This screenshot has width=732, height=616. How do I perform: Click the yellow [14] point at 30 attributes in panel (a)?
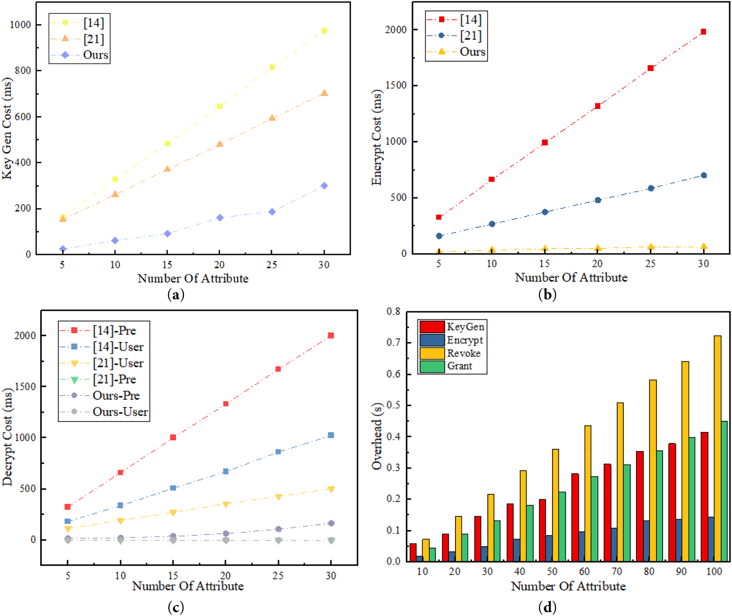point(324,31)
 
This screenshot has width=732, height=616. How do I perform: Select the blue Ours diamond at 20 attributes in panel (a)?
point(220,218)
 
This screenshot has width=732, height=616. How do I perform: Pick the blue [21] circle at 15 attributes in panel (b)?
point(545,212)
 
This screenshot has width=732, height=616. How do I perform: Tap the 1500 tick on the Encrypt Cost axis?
point(396,85)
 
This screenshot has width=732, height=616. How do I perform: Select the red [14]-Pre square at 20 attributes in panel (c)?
point(225,404)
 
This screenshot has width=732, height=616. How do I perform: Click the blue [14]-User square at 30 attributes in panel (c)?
point(331,435)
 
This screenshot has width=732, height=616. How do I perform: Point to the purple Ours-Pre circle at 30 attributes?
point(331,523)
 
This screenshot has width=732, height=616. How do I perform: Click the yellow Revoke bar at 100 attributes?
point(717,449)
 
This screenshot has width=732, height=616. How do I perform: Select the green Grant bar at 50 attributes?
point(562,527)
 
